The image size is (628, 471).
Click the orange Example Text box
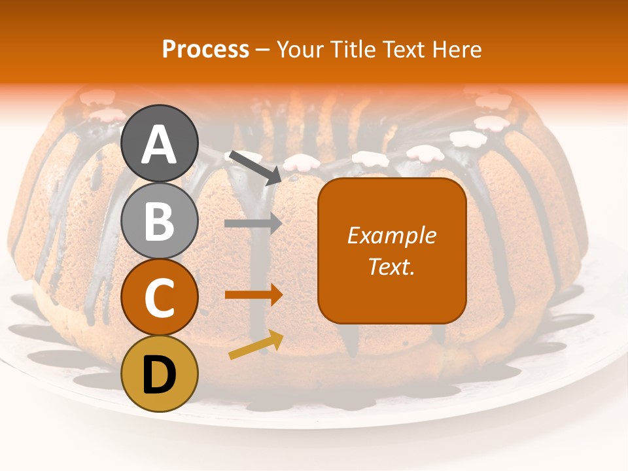(392, 288)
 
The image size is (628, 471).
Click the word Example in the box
(392, 235)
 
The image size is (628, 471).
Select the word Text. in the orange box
(392, 267)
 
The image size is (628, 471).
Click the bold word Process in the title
(205, 49)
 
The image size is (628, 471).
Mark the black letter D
(160, 375)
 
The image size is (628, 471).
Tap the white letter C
(160, 298)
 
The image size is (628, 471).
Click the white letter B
(160, 221)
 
